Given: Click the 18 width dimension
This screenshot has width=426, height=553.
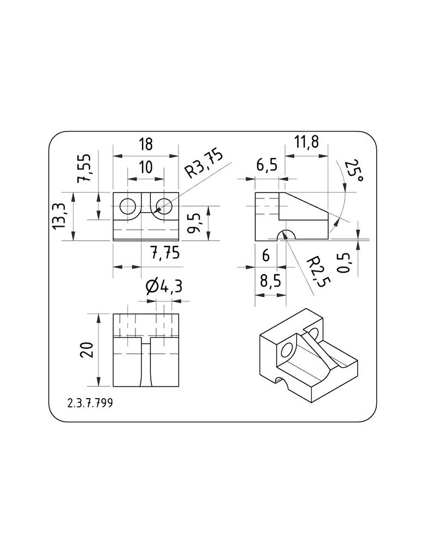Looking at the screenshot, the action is (x=145, y=144).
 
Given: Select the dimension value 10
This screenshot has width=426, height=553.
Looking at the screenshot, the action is (x=145, y=167).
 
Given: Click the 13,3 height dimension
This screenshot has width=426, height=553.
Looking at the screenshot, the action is (x=60, y=216).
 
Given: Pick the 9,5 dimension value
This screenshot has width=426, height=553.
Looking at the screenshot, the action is (x=194, y=223).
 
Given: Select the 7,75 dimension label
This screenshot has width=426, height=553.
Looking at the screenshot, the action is (x=165, y=253).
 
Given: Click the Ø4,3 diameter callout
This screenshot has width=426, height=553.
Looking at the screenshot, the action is (x=164, y=286).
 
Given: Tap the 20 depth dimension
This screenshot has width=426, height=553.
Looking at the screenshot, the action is (x=87, y=349).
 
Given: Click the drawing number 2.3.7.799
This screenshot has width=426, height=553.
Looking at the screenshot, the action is (x=90, y=403).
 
